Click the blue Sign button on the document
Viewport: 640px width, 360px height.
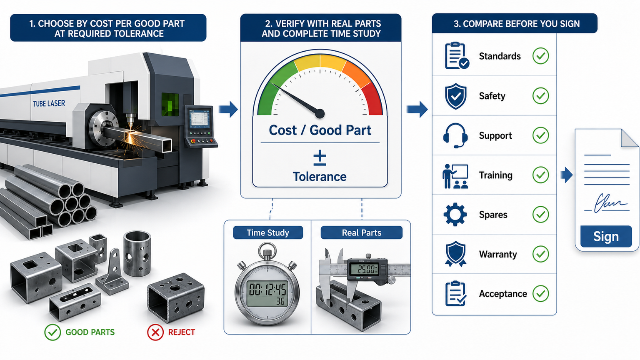point(606,236)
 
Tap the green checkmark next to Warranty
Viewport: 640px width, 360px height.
point(540,254)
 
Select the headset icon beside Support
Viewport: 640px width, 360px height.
point(455,135)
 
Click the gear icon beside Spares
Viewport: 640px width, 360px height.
point(455,214)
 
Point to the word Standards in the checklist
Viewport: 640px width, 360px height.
point(500,56)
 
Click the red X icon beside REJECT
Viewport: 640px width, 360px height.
point(155,332)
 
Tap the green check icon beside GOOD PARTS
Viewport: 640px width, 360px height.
point(52,332)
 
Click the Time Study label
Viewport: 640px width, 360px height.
point(268,232)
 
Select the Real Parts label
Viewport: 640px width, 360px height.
point(361,232)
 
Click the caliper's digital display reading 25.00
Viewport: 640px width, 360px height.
point(367,269)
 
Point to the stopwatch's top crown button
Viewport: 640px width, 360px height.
point(267,253)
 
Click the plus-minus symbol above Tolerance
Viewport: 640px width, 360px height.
point(320,158)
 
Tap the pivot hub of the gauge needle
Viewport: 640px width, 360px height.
point(320,113)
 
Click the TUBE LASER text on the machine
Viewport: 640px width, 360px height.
point(49,103)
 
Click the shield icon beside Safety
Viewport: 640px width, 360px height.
point(456,96)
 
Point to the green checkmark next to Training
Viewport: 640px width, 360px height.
point(540,175)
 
